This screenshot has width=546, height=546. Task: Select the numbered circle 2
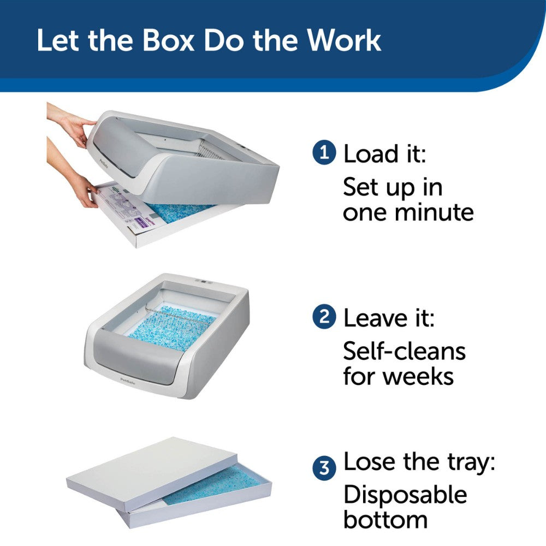pos(324,317)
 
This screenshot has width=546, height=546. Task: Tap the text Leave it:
pos(389,318)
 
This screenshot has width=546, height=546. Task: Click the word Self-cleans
pos(404,351)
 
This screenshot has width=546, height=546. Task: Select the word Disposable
pos(405,495)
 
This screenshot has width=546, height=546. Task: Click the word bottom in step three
pos(385,520)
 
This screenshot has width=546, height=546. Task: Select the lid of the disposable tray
pos(142,464)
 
